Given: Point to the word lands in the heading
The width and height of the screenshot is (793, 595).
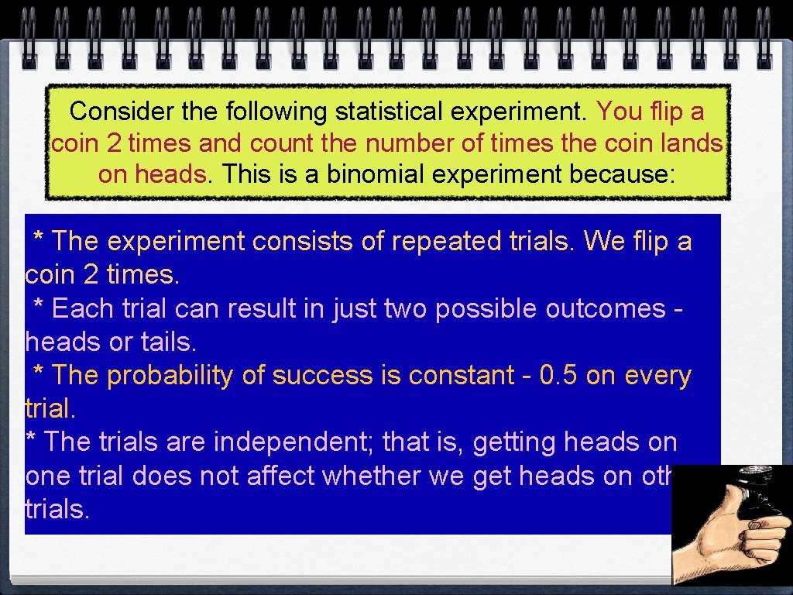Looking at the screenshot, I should pos(695,143).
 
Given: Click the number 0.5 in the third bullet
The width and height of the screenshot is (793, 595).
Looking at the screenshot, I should pos(558,376).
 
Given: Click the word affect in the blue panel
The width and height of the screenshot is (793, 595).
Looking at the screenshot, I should pos(280,476).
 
